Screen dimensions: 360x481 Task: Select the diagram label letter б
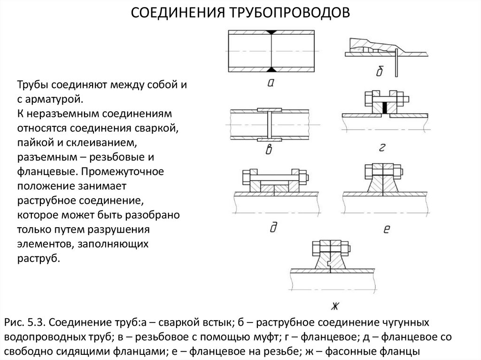(380, 71)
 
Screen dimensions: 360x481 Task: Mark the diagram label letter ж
(334, 306)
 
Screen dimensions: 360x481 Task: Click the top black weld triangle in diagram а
(271, 32)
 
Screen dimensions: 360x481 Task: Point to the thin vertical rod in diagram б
(397, 63)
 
